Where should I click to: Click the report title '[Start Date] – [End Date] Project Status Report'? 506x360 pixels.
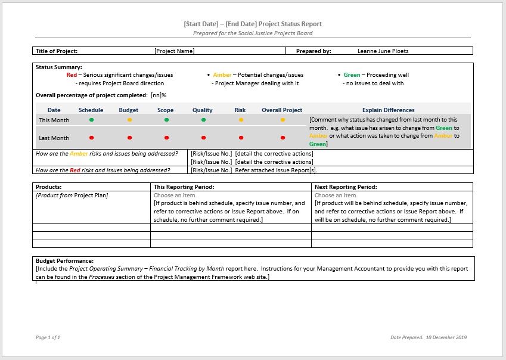(x=253, y=24)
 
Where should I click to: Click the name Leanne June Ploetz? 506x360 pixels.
(x=383, y=51)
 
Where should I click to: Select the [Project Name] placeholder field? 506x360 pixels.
(x=174, y=51)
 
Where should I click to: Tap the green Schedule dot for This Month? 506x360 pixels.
(x=92, y=120)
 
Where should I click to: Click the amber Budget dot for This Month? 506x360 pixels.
(x=129, y=120)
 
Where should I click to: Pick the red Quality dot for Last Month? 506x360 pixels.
(x=203, y=138)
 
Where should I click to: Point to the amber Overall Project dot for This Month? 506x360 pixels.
(x=282, y=120)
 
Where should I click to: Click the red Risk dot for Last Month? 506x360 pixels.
(x=241, y=138)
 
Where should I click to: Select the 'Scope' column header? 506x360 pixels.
(x=166, y=110)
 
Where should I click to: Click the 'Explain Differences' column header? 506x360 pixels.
(x=388, y=110)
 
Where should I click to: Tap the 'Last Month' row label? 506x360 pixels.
(x=54, y=138)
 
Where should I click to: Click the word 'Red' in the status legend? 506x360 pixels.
(x=72, y=75)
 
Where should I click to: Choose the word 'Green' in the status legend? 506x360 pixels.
(x=352, y=75)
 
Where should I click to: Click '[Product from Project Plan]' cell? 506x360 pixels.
(x=72, y=195)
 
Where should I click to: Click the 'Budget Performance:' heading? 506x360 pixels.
(x=64, y=261)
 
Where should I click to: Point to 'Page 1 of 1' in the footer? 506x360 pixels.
(x=48, y=337)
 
